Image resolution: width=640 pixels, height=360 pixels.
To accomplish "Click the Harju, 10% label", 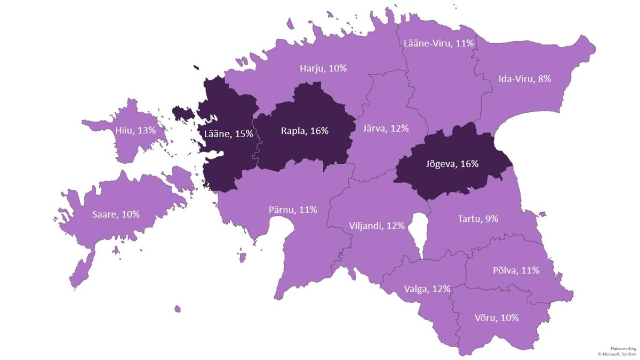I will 323,68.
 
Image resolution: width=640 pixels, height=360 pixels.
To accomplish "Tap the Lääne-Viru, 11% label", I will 439,43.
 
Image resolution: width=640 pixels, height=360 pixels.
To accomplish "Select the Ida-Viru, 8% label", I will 524,79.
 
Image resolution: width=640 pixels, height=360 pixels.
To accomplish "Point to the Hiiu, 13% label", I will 135,130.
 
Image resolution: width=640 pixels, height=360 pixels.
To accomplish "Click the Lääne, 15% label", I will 225,134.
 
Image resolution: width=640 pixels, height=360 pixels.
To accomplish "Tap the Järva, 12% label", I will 386,128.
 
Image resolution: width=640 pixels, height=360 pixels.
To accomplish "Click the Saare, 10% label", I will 116,214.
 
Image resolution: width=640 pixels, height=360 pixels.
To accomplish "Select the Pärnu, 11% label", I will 293,210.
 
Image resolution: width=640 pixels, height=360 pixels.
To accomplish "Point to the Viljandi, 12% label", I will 375,226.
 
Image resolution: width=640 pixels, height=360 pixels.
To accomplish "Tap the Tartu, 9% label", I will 478,219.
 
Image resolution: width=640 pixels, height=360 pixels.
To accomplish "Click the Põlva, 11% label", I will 516,270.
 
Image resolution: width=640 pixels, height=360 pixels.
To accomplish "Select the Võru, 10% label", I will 497,318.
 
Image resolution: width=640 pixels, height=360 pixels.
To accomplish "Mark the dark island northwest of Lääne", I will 183,113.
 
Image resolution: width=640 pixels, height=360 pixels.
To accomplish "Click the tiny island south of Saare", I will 178,309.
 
